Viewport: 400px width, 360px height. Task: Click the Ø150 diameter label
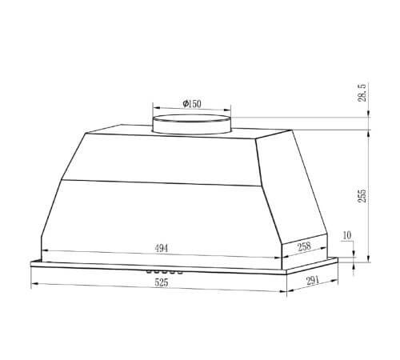click(192, 103)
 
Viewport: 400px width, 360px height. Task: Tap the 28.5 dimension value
click(362, 92)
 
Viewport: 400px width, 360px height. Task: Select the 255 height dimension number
click(362, 196)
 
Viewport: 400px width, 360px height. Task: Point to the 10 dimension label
click(347, 235)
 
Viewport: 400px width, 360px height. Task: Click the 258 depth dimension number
click(304, 246)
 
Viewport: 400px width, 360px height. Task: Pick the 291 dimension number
click(313, 281)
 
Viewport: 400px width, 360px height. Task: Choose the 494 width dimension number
click(162, 248)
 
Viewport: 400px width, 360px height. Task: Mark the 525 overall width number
click(162, 282)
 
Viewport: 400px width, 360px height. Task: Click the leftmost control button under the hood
click(149, 271)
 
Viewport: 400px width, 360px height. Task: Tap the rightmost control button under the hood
click(180, 272)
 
